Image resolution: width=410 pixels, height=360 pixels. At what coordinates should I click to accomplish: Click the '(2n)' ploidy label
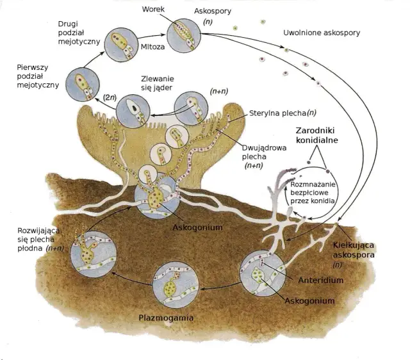point(110,97)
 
